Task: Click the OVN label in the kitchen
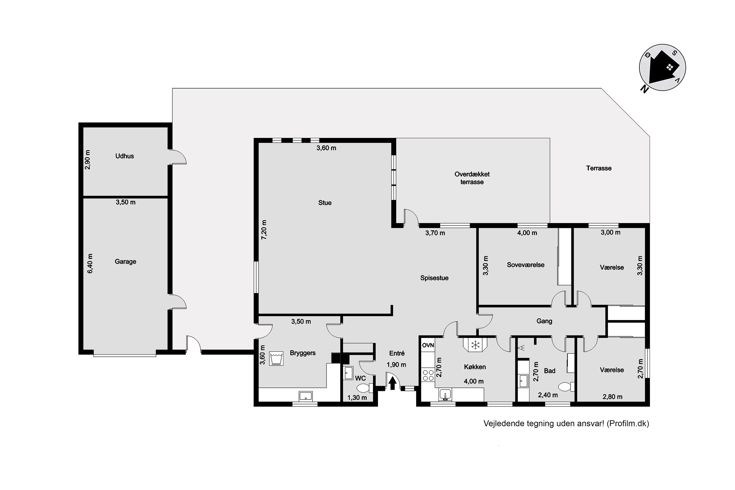click(428, 345)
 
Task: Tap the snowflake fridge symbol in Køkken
click(475, 345)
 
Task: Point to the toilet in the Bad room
click(566, 387)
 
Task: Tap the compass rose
click(662, 68)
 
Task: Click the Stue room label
click(325, 203)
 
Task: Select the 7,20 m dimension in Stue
click(264, 230)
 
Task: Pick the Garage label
click(125, 262)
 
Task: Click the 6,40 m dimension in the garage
click(90, 263)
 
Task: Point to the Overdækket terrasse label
click(472, 178)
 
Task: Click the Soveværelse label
click(526, 265)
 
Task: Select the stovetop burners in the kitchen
click(428, 375)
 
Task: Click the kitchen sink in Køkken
click(445, 395)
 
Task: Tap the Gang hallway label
click(544, 321)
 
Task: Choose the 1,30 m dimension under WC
click(357, 398)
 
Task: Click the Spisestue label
click(434, 278)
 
